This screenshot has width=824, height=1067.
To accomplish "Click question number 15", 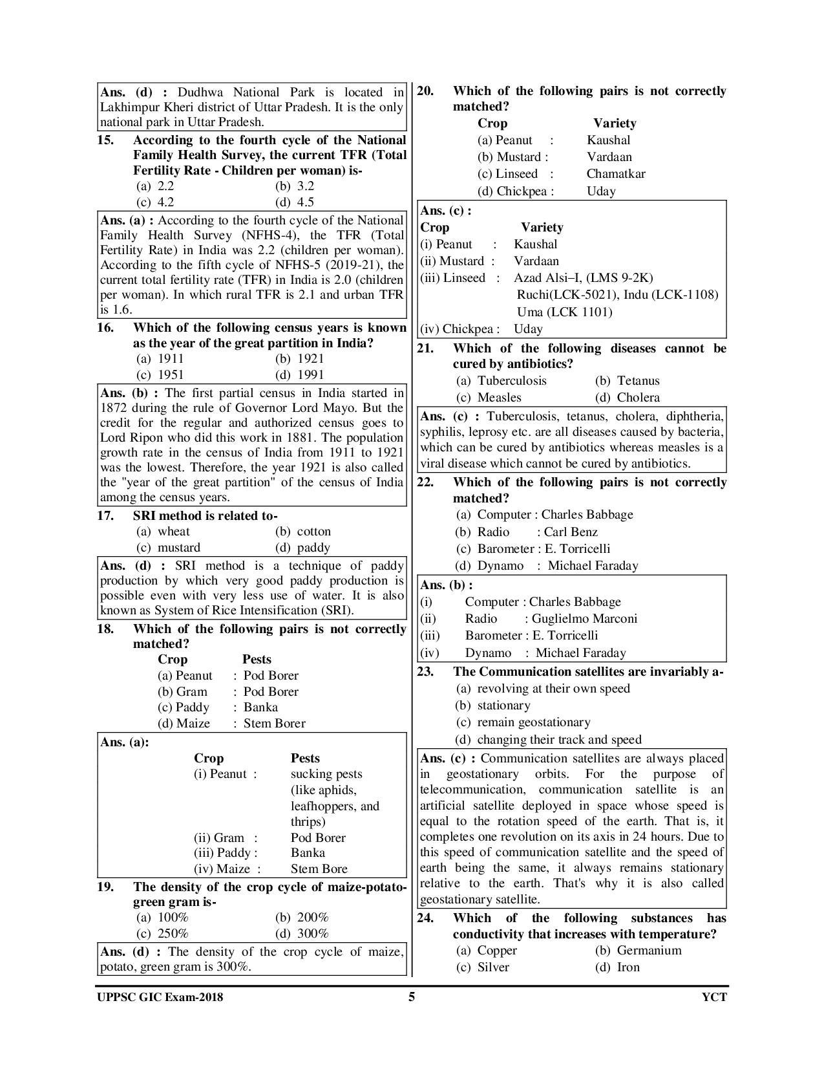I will tap(105, 140).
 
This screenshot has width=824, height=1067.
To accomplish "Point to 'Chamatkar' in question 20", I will tap(616, 174).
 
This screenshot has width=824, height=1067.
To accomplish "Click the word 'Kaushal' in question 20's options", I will tap(608, 140).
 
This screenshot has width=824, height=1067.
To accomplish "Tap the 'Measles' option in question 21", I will tap(499, 398).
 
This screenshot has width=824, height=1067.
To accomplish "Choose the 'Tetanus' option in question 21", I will tap(638, 381).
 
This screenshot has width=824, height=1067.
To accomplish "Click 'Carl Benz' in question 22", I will tap(571, 532).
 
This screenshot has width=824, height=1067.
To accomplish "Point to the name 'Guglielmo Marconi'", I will tap(584, 619).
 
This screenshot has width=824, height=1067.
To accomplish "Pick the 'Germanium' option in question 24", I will tap(649, 951).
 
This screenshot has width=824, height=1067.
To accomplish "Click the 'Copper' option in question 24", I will tap(497, 951).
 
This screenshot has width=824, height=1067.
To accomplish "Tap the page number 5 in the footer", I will tap(412, 997).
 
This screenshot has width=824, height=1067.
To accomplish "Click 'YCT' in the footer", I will tap(714, 997).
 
